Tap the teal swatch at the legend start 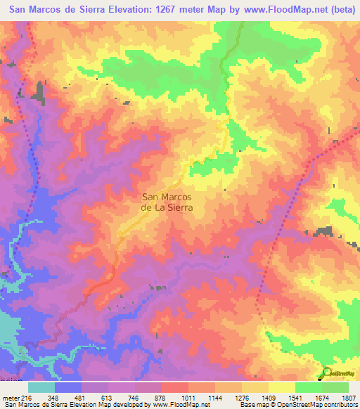[41, 388]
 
